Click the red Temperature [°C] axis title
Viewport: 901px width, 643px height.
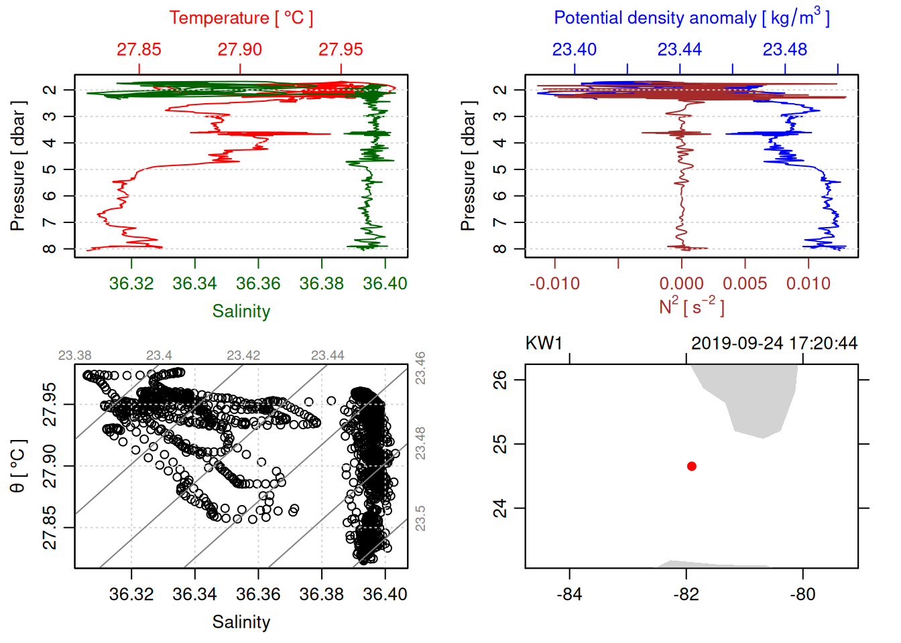(241, 18)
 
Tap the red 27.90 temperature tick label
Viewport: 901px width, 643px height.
(240, 50)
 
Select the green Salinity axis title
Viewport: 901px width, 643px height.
(241, 311)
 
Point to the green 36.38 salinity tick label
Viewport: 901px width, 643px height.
(322, 283)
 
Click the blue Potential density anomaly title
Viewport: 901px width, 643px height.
(691, 18)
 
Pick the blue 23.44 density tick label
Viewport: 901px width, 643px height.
(680, 50)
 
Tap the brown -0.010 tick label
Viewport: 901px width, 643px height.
(554, 283)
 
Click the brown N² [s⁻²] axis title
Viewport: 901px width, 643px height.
(691, 306)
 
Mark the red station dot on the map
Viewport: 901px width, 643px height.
(692, 466)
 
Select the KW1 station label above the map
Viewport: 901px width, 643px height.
(544, 344)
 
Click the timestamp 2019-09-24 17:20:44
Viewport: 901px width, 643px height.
(774, 344)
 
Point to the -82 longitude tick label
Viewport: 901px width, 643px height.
(686, 594)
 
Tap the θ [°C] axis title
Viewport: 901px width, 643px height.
(18, 466)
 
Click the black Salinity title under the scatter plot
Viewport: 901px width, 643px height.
(241, 622)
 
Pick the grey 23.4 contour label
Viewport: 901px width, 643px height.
(159, 356)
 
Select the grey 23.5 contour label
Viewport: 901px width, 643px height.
(420, 518)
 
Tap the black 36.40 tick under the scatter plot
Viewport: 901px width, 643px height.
(385, 594)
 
